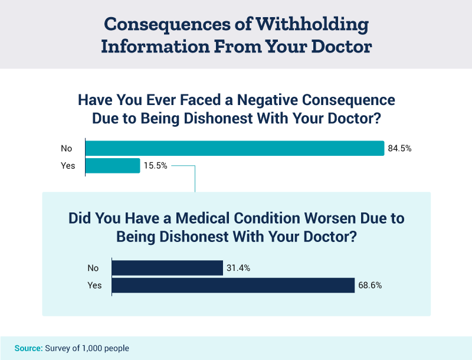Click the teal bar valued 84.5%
coord(235,148)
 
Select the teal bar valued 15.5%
coord(113,166)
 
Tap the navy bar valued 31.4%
coord(167,268)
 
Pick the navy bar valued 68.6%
coord(233,286)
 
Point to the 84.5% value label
coord(399,148)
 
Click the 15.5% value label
coord(156,166)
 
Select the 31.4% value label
coord(238,268)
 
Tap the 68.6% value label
coord(370,286)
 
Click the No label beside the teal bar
coord(67,148)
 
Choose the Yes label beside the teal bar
coord(68,166)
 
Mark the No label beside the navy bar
coord(93,268)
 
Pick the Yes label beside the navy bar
coord(94,286)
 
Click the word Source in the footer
coord(28,348)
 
